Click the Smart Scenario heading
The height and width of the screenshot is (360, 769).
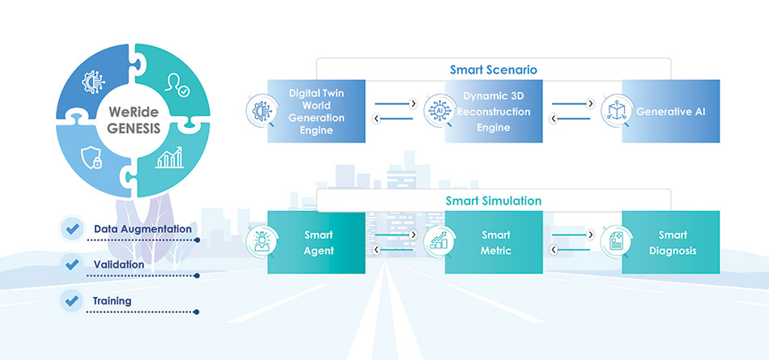coord(493,70)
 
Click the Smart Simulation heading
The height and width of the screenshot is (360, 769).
coord(493,201)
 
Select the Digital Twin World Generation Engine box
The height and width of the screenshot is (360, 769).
coord(317,112)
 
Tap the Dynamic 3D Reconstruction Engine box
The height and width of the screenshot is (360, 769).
coord(493,112)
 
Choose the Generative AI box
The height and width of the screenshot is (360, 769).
coord(671,112)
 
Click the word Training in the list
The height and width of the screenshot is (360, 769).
coord(112,301)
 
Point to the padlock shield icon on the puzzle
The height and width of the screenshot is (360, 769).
coord(95,159)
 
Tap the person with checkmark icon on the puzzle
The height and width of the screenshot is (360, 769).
coord(177,85)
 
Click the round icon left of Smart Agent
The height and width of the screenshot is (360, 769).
coord(261,241)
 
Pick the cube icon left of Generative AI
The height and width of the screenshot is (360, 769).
coord(616,110)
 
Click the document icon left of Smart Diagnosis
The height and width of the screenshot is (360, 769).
coord(615,241)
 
